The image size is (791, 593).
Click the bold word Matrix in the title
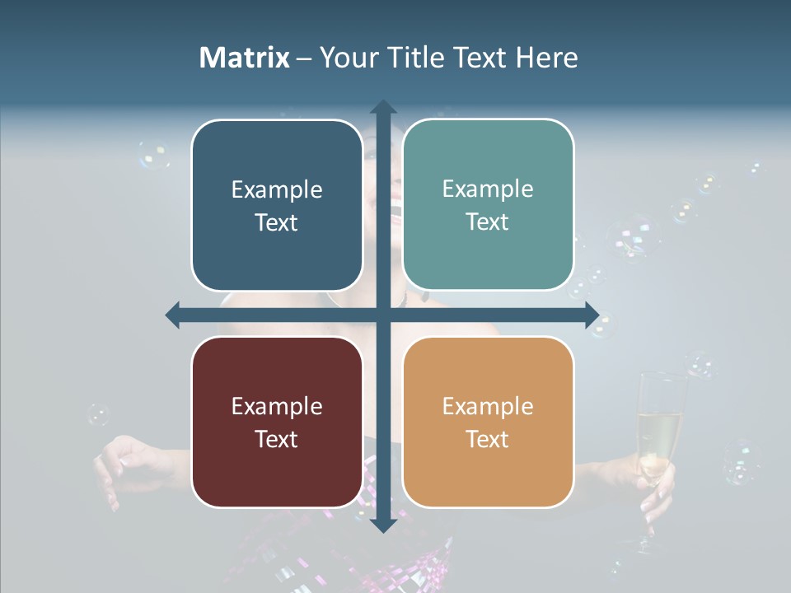[245, 58]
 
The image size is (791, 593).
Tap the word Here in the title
[547, 58]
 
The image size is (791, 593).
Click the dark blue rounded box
[277, 205]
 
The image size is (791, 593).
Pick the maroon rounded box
[277, 422]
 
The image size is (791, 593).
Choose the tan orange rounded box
[488, 422]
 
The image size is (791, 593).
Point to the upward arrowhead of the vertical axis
[382, 108]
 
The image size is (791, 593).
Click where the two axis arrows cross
[382, 315]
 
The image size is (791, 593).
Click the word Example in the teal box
[488, 189]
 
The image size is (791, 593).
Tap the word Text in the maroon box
[276, 439]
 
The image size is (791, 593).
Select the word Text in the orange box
[487, 439]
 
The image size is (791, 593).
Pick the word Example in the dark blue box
[277, 189]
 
